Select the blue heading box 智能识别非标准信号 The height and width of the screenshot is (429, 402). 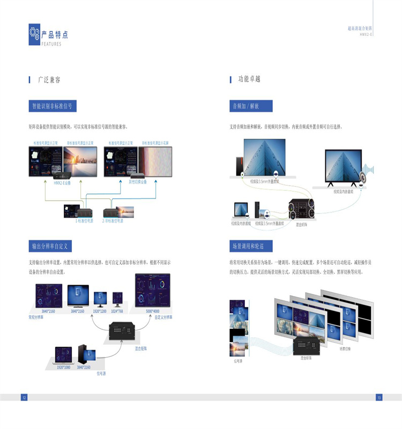[52, 106]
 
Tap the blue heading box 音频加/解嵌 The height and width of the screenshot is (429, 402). [251, 106]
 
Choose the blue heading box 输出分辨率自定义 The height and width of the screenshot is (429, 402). [49, 246]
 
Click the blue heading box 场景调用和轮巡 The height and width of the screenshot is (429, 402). [251, 246]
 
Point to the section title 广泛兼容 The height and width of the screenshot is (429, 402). [49, 79]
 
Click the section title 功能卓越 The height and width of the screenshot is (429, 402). [249, 79]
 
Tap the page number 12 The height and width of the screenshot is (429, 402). [24, 397]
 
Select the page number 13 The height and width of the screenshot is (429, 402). [378, 397]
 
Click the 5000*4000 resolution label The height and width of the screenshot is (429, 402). [152, 311]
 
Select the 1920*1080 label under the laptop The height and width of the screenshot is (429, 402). [63, 367]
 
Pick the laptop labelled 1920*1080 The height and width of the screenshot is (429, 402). [63, 354]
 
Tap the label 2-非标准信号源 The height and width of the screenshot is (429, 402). [113, 220]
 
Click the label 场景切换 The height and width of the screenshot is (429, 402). [346, 348]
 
